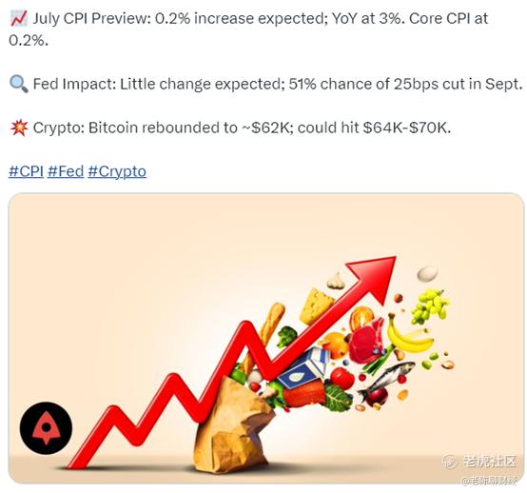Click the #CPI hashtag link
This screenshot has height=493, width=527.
click(26, 171)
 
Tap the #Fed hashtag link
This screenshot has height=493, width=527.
click(66, 171)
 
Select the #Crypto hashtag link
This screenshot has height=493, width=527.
click(117, 172)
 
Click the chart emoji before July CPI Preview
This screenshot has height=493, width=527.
click(18, 18)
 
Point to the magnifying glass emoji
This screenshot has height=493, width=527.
click(18, 84)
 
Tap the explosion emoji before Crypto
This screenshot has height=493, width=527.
click(19, 128)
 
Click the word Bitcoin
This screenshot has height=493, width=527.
click(113, 128)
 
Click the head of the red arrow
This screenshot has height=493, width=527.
click(376, 278)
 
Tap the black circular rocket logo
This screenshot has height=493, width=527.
click(46, 428)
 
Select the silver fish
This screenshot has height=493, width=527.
click(386, 379)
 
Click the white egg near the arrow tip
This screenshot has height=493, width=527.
click(427, 273)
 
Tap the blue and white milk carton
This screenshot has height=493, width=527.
click(304, 367)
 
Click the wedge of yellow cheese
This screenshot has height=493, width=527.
click(315, 306)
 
